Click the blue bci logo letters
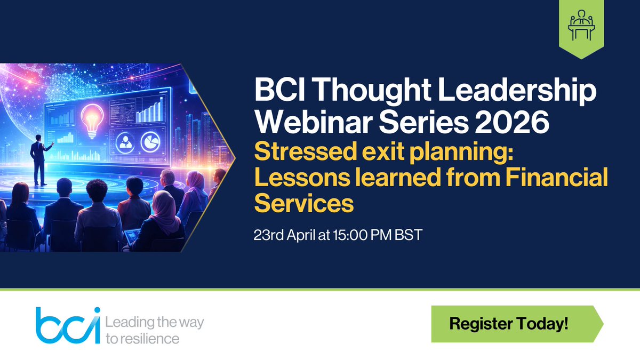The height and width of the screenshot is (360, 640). [67, 325]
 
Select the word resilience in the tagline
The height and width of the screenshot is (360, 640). [149, 338]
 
